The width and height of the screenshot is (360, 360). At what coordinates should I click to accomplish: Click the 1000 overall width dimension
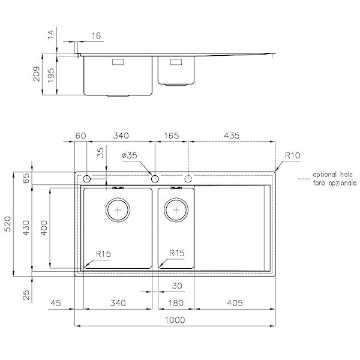[175, 320]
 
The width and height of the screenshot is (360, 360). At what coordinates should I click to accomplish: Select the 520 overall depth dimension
[8, 224]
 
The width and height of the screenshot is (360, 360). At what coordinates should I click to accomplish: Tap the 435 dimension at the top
[232, 136]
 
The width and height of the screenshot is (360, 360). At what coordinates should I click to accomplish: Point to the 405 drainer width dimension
[235, 303]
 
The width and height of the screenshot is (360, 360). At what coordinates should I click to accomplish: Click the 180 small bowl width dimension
[176, 303]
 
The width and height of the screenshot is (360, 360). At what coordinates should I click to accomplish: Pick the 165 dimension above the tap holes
[171, 136]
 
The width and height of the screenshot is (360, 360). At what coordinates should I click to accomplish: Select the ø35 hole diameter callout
[130, 155]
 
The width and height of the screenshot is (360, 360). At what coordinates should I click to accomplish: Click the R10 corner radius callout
[293, 155]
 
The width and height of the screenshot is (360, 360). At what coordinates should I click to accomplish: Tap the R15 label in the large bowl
[103, 254]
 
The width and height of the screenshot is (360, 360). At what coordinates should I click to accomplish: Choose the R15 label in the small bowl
[177, 253]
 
